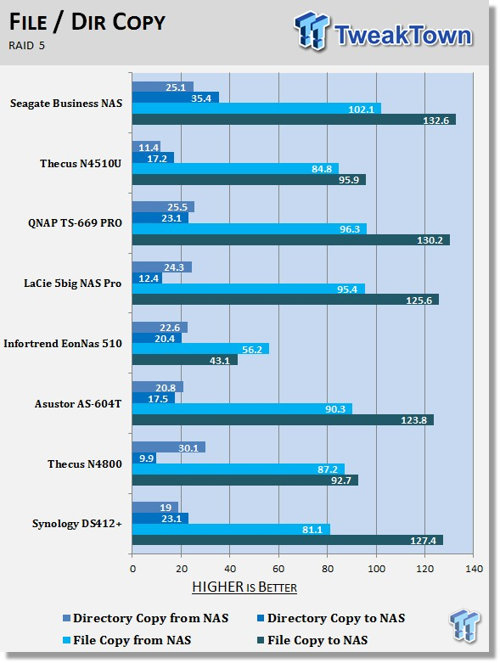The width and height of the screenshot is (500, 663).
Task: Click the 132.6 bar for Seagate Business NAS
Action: (294, 120)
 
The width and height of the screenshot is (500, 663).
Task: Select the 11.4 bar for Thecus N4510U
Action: (146, 147)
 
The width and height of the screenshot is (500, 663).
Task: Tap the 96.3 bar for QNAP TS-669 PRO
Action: (250, 228)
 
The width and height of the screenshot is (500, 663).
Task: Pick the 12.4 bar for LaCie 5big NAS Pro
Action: (147, 278)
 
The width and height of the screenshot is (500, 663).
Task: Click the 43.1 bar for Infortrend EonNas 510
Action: (185, 360)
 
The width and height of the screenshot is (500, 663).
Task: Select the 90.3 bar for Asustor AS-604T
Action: (242, 409)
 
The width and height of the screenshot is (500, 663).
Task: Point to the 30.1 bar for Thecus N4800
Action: (169, 447)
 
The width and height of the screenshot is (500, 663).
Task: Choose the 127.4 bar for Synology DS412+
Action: (288, 540)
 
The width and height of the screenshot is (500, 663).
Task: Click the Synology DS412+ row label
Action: (77, 524)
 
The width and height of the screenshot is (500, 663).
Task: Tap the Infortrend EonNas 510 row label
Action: (63, 343)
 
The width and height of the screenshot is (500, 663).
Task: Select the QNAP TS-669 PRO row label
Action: (75, 222)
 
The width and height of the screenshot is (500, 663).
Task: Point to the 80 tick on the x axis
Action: (328, 569)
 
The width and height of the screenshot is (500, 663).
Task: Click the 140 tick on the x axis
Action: (474, 569)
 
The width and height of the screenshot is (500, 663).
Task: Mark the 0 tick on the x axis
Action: (132, 569)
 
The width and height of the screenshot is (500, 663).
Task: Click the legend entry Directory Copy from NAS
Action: (146, 618)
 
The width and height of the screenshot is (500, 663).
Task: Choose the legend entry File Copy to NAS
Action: (312, 640)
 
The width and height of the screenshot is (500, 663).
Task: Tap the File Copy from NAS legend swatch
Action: (66, 641)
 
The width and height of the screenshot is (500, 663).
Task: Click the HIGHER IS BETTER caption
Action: (244, 587)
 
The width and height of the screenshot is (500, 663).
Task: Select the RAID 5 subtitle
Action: (26, 45)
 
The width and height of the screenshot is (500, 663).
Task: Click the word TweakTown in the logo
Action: (403, 35)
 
